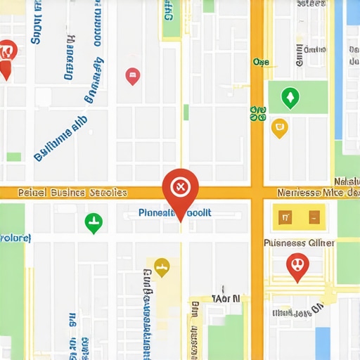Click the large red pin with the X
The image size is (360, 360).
click(x=180, y=187)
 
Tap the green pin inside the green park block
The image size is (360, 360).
click(x=288, y=97)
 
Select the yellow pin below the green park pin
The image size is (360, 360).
click(x=279, y=127)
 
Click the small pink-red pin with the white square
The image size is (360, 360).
click(x=132, y=76)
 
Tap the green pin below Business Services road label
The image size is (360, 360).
click(x=93, y=224)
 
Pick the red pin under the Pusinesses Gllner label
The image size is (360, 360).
click(x=297, y=266)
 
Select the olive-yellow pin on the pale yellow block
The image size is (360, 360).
click(x=162, y=267)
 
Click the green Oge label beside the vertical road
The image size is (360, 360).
click(x=261, y=62)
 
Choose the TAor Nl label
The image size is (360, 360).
click(x=226, y=298)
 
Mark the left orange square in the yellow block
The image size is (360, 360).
click(x=285, y=217)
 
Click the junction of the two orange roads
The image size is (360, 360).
click(x=257, y=192)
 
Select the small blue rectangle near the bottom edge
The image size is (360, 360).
click(x=322, y=343)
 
